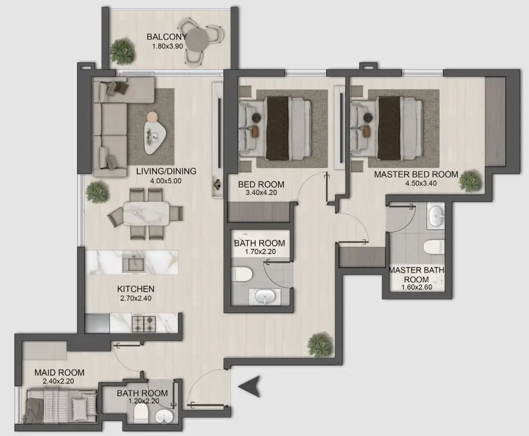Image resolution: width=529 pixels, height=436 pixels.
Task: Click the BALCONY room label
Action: point(167,37)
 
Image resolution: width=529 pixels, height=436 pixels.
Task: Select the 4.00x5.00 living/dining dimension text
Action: point(166,181)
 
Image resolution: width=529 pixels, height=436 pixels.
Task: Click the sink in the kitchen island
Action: point(134,264)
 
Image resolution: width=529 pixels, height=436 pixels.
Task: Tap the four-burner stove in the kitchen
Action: point(143,323)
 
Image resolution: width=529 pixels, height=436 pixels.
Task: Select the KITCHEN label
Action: point(136,289)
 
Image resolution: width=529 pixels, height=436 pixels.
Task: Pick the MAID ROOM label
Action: point(59,372)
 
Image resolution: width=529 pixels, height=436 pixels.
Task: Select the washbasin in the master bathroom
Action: point(436,217)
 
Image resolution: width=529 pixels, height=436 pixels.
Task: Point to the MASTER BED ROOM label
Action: point(416,174)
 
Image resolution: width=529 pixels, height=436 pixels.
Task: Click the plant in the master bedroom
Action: point(470,181)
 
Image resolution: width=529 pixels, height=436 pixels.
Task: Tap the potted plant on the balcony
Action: point(121,51)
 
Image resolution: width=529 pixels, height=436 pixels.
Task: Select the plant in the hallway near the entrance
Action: point(319,344)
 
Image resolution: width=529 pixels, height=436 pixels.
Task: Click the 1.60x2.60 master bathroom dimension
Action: point(416,288)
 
